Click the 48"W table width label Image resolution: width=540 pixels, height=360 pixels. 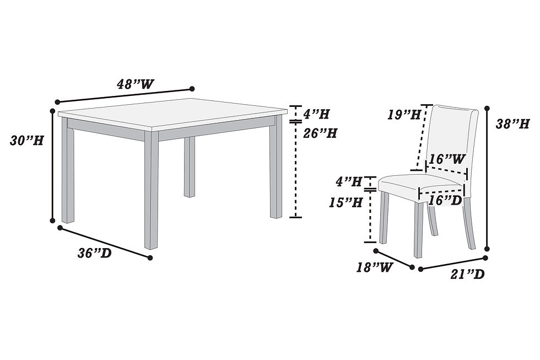coord(136,84)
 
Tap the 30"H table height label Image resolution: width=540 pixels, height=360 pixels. coord(27,141)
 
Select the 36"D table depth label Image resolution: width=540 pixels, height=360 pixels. coord(95,253)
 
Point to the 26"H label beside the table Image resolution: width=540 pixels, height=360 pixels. coord(320,133)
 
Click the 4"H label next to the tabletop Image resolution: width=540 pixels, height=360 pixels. coord(316,114)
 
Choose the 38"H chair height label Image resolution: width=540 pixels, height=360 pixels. coord(512,123)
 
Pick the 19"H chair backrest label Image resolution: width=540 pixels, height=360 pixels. coord(404,114)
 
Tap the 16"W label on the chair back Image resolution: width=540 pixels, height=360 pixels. coord(447,159)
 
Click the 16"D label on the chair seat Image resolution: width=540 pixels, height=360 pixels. coord(445,201)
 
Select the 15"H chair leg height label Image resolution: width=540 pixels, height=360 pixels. coord(345,202)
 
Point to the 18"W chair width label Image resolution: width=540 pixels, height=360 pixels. coord(374,267)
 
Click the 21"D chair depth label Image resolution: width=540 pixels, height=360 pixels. coord(467,274)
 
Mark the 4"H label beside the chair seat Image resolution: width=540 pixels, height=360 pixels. coord(349,181)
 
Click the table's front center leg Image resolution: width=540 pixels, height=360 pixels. coord(151,190)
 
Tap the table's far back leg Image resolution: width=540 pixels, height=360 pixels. coord(190,166)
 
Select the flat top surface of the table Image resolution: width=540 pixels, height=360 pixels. coord(172,114)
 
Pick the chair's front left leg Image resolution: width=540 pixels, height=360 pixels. coord(384,218)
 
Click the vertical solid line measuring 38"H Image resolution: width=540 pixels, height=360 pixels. coord(487,178)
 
